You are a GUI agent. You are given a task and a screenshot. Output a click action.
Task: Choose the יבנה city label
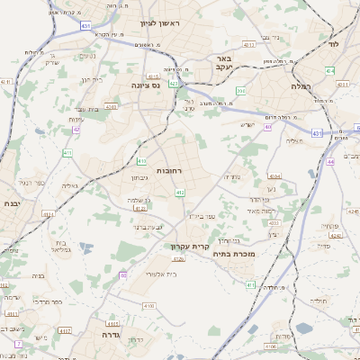coord(12,204)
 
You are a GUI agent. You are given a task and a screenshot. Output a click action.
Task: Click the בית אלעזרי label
coord(147,271)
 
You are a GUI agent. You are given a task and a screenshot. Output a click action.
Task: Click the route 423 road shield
coord(173,83)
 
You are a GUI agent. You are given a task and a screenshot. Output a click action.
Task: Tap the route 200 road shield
coord(240,91)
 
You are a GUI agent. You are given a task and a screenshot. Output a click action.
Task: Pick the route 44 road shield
coord(330,161)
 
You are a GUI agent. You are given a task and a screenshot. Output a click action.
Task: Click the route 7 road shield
coord(18,343)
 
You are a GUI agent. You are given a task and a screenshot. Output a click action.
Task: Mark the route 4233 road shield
coord(49,214)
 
